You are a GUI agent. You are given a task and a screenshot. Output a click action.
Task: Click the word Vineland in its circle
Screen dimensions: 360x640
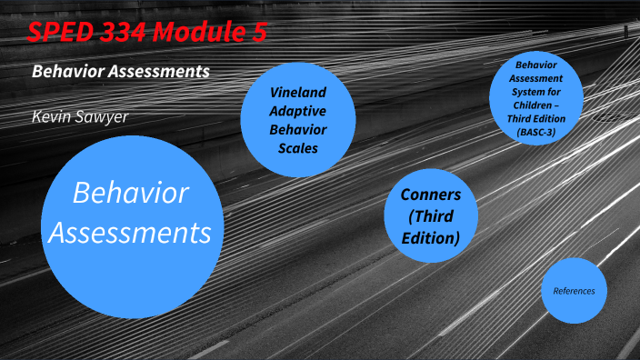[x=297, y=93]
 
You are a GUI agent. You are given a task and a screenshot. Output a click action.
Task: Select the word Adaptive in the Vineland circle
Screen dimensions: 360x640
[x=297, y=111]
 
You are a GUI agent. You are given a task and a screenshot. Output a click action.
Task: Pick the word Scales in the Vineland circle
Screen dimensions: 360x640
[x=297, y=147]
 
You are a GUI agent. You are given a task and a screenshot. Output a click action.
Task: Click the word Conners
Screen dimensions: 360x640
[x=431, y=195]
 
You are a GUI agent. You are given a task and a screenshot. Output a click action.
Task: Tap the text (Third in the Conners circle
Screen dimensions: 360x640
[x=431, y=216]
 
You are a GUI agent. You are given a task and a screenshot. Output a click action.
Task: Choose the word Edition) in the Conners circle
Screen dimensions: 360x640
[x=431, y=238]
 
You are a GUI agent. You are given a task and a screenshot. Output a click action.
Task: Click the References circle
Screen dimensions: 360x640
[x=574, y=291]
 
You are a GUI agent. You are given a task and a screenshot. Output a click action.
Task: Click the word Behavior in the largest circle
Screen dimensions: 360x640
[x=131, y=193]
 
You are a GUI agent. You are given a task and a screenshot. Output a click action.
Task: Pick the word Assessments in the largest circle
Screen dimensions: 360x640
[x=131, y=232]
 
